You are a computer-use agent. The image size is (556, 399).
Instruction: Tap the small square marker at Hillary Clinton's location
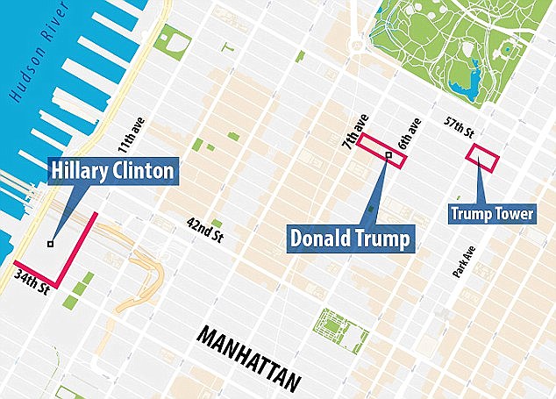pos(51,244)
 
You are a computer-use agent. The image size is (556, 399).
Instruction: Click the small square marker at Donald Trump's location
pos(388,155)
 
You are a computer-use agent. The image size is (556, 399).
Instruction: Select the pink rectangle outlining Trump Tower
pos(483,156)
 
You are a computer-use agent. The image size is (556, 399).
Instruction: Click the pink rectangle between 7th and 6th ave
pos(382,152)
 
